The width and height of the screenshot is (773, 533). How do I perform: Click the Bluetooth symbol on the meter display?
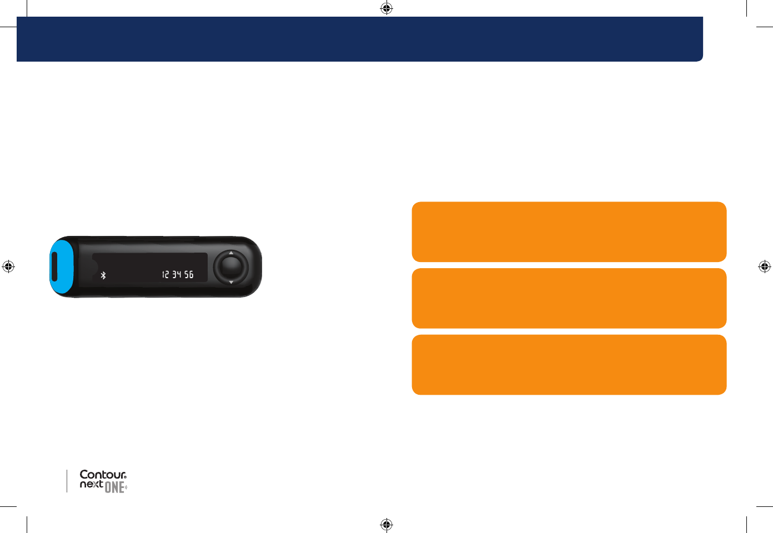pyautogui.click(x=103, y=275)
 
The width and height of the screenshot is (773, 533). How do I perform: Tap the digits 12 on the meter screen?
pyautogui.click(x=165, y=274)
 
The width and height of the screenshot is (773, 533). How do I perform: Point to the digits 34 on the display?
pyautogui.click(x=177, y=274)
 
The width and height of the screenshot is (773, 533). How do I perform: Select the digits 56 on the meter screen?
pyautogui.click(x=189, y=274)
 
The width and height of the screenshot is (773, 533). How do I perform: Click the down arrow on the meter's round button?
pyautogui.click(x=231, y=282)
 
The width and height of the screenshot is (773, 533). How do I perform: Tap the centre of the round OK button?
pyautogui.click(x=231, y=266)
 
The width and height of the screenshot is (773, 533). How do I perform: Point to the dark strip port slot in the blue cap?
pyautogui.click(x=54, y=266)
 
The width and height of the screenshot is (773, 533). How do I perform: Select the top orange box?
pyautogui.click(x=569, y=232)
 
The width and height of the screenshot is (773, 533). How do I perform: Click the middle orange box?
pyautogui.click(x=569, y=298)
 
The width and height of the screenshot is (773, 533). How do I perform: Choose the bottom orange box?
pyautogui.click(x=569, y=365)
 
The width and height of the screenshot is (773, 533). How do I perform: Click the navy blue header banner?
pyautogui.click(x=360, y=39)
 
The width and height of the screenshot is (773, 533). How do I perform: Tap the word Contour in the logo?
pyautogui.click(x=103, y=475)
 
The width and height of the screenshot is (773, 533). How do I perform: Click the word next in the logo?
pyautogui.click(x=91, y=484)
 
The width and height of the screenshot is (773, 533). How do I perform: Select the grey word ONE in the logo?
pyautogui.click(x=114, y=488)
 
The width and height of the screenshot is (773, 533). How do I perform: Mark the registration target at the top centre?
pyautogui.click(x=386, y=8)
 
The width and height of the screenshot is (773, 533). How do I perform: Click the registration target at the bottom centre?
pyautogui.click(x=386, y=525)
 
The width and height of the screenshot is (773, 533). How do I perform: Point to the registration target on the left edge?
pyautogui.click(x=8, y=266)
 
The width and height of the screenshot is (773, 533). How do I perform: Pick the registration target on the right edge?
pyautogui.click(x=765, y=266)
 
